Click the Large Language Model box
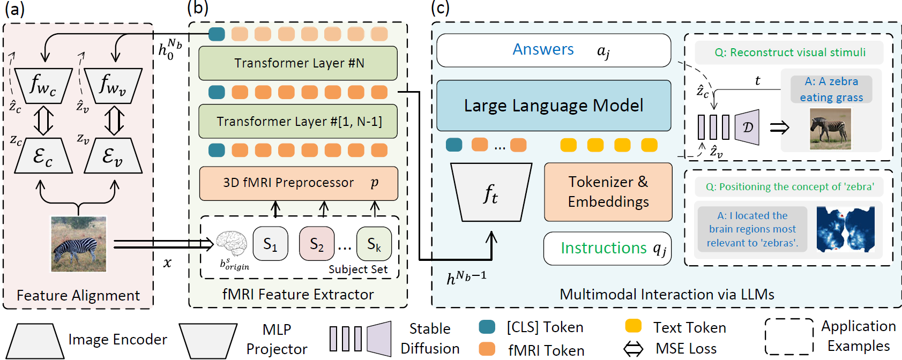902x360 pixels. (554, 106)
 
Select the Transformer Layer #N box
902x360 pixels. (298, 63)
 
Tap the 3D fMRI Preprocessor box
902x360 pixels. (299, 183)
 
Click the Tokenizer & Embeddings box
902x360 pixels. (608, 192)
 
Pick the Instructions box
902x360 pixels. (607, 249)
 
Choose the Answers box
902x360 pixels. (554, 50)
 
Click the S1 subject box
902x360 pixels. (270, 244)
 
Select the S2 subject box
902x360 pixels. (316, 244)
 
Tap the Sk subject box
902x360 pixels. (374, 244)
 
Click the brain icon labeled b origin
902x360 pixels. (232, 244)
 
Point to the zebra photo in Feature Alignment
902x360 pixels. (78, 244)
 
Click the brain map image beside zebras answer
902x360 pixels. (845, 229)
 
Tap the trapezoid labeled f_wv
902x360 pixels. (113, 85)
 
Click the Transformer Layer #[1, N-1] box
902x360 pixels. (298, 122)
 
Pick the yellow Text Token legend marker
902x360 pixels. (633, 326)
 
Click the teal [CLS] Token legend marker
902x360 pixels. (487, 327)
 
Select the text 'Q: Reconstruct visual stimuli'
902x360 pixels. (790, 52)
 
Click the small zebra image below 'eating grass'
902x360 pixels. (830, 129)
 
